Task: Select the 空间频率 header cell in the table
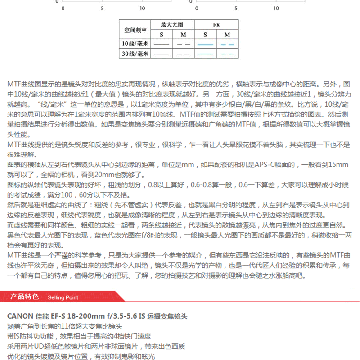[x=135, y=30]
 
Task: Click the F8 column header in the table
[x=216, y=24]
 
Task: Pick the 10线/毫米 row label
[x=135, y=44]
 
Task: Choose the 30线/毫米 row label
[x=135, y=54]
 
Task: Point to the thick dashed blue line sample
[x=227, y=45]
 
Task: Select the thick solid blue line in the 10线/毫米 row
[x=205, y=45]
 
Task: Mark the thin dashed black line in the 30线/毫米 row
[x=183, y=54]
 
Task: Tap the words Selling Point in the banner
[x=63, y=297]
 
